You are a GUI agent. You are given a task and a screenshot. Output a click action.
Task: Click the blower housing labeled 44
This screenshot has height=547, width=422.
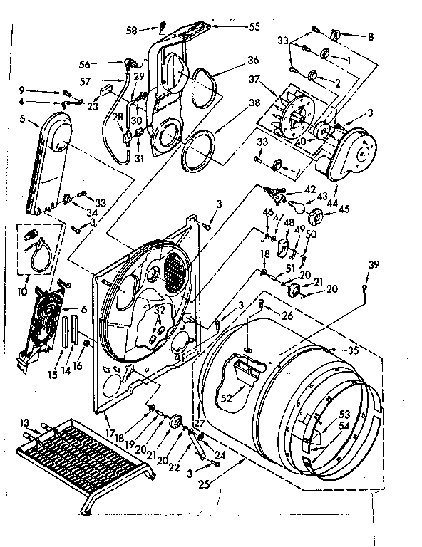352,152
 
